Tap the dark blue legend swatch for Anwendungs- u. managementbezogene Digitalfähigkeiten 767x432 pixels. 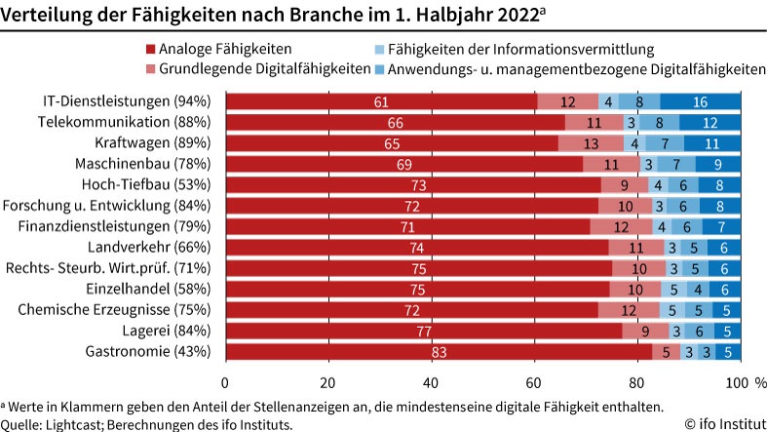tap(380, 69)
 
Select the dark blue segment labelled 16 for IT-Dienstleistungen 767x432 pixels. tap(700, 101)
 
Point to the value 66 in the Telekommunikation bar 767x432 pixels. tap(395, 122)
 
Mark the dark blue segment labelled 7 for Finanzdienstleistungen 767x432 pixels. tap(721, 226)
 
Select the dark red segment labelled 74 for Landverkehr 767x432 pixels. tap(416, 248)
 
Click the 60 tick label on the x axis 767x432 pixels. tap(533, 381)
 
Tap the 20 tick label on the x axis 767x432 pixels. tap(327, 381)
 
